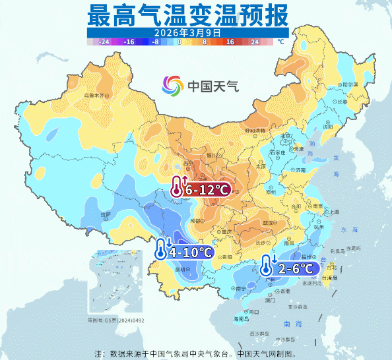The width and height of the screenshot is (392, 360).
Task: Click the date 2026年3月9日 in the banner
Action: pyautogui.click(x=187, y=32)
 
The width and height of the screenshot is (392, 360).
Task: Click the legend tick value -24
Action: pyautogui.click(x=104, y=41)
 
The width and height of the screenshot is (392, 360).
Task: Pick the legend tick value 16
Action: pyautogui.click(x=230, y=41)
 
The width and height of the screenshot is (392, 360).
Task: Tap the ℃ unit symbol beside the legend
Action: pyautogui.click(x=280, y=41)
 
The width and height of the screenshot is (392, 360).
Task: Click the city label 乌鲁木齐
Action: pyautogui.click(x=94, y=95)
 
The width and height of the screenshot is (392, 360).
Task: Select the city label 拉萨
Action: pyautogui.click(x=105, y=214)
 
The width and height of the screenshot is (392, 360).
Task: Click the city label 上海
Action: pyautogui.click(x=334, y=212)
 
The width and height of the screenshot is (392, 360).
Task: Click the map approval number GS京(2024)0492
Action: pyautogui.click(x=115, y=320)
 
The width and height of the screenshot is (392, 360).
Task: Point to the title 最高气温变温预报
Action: pyautogui.click(x=187, y=14)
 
